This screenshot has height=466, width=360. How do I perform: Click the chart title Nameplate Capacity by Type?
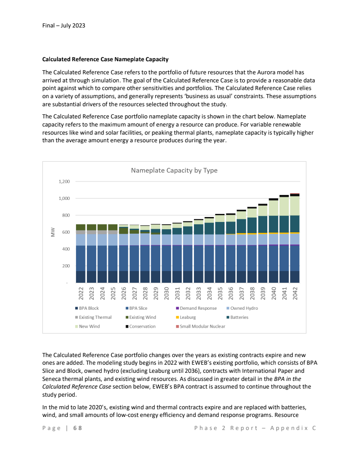coord(174,171)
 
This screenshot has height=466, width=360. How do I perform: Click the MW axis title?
coord(53,232)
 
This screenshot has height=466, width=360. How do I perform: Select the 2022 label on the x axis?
coord(81,294)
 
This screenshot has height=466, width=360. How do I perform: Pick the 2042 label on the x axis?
coord(295,294)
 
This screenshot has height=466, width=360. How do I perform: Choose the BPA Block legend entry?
coord(89,308)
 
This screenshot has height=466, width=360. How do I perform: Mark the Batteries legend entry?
coord(239,317)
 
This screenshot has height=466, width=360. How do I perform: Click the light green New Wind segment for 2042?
coord(295,206)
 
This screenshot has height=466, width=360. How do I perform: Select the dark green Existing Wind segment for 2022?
coord(81,227)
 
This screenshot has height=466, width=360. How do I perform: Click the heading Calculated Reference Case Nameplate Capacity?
coord(105,59)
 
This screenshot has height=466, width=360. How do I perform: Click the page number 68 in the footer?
coord(77,428)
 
